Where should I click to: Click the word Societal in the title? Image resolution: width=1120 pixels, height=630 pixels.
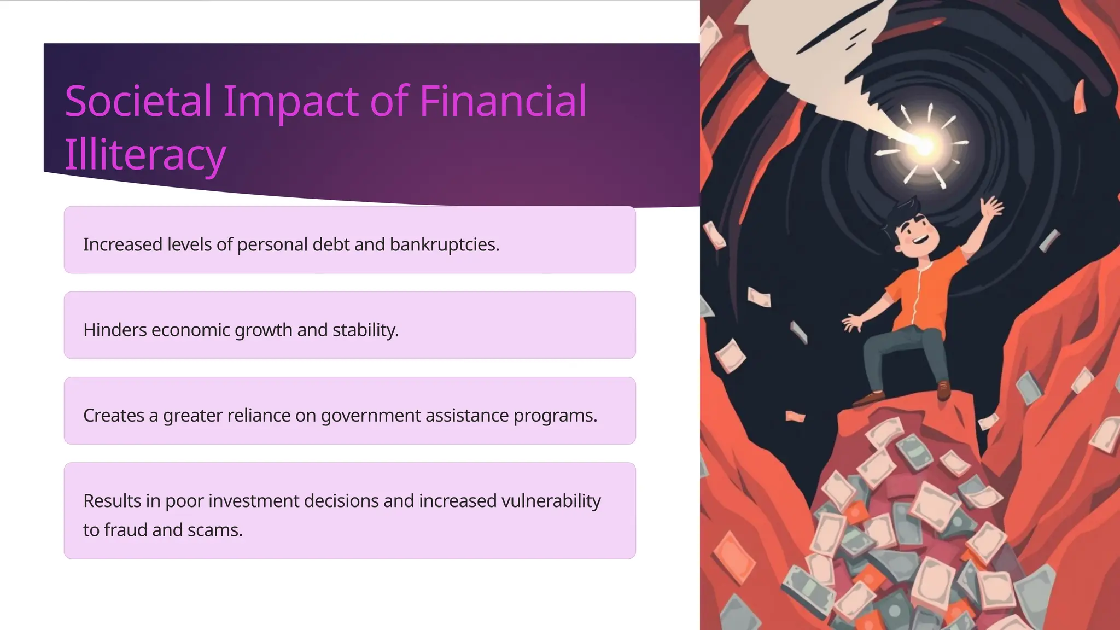[138, 101]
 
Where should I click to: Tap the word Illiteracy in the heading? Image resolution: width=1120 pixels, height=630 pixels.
[145, 155]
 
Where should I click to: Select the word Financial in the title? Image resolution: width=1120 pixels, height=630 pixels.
[503, 101]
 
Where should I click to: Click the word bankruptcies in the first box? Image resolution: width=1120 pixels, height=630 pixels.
[444, 244]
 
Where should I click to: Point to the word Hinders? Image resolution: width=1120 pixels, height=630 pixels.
[115, 330]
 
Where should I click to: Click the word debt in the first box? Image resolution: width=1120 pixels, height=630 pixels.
[330, 244]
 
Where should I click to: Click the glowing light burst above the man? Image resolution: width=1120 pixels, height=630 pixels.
[923, 145]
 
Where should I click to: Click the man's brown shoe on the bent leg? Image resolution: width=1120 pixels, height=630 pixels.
[870, 398]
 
